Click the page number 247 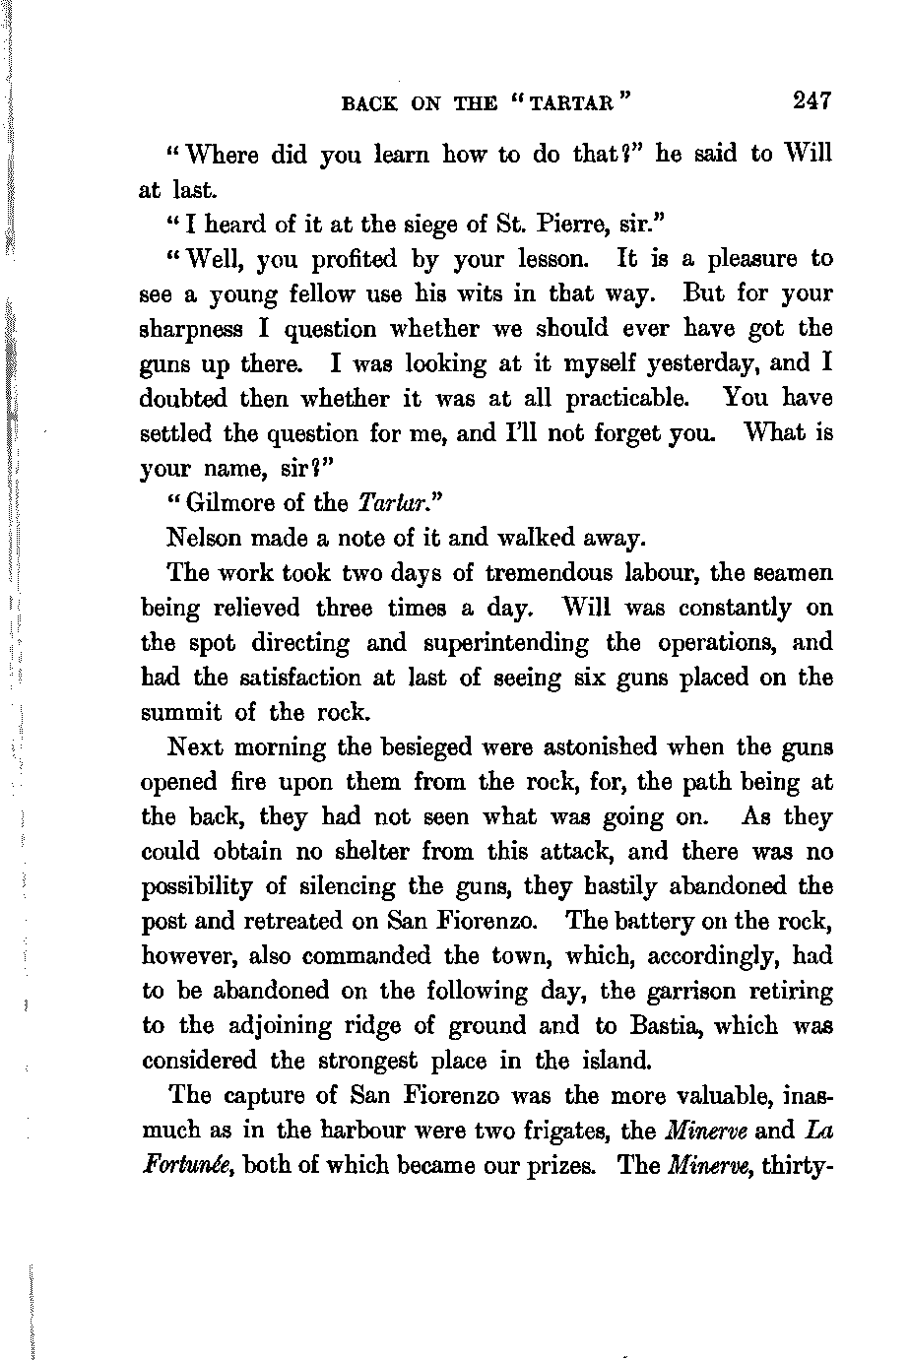810,100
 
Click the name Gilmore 227,504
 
